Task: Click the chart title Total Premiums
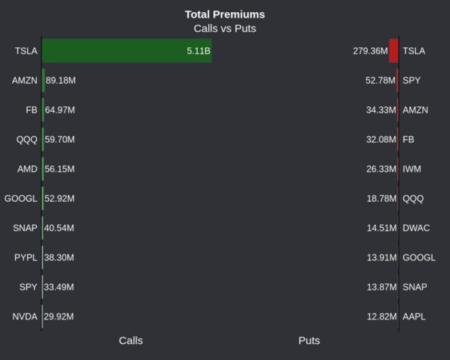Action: point(224,14)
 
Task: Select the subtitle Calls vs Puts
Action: point(224,28)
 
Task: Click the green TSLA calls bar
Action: point(127,51)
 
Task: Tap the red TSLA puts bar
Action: point(394,51)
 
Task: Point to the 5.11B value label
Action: point(198,51)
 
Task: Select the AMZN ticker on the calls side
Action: point(25,81)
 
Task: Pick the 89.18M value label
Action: point(61,81)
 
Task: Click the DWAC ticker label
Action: point(416,228)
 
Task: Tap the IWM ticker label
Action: point(412,169)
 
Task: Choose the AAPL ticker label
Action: point(414,317)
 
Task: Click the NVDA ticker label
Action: point(25,317)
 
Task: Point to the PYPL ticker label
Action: point(26,258)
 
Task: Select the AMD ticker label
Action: point(27,169)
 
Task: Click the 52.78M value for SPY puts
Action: point(381,81)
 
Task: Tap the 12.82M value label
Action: point(381,317)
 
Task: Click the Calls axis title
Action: point(131,341)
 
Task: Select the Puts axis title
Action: point(309,341)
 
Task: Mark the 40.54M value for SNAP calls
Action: point(59,228)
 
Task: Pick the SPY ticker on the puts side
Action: point(411,81)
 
